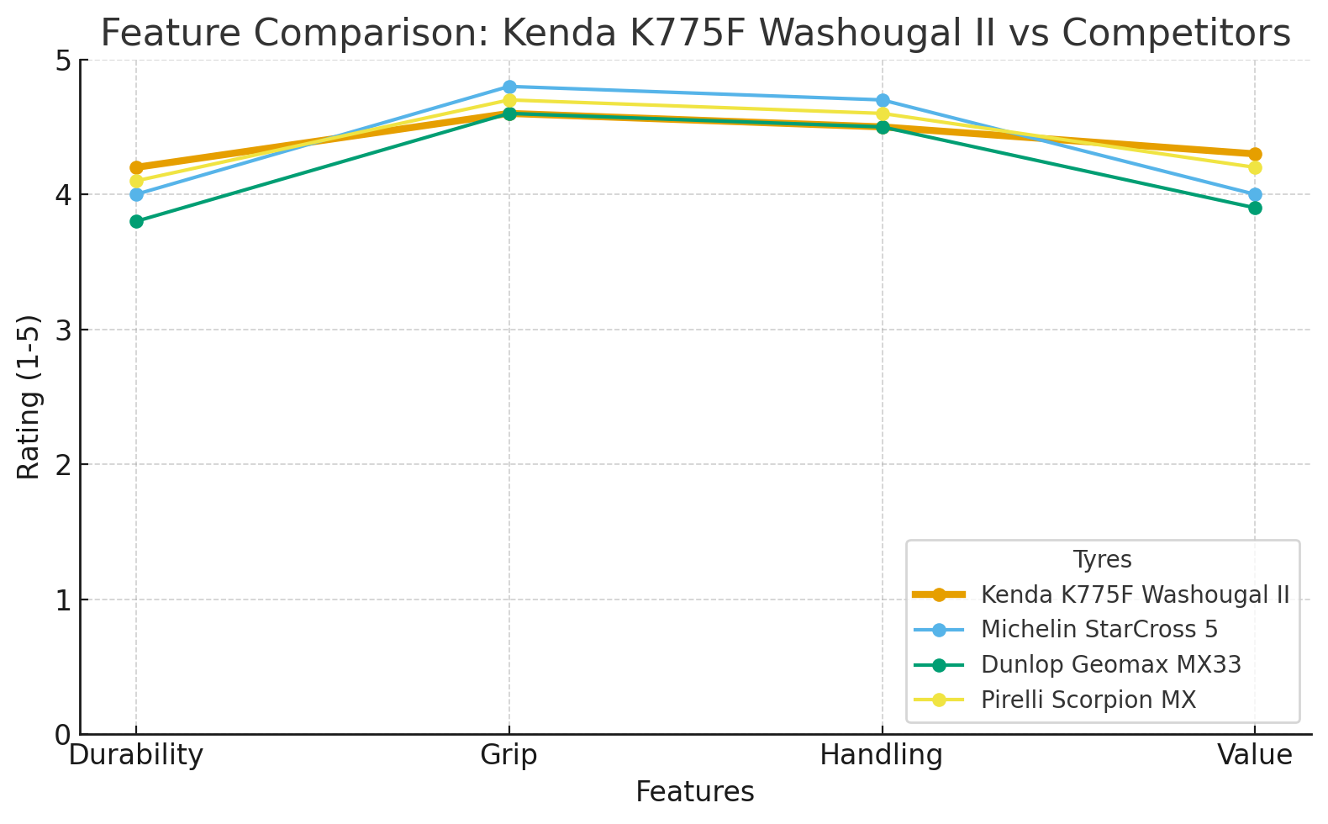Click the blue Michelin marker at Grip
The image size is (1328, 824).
509,87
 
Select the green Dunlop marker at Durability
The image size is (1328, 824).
136,221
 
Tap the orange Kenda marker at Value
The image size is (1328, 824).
1255,154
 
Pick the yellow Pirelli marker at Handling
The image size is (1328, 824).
883,114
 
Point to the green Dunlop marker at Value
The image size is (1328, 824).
1255,208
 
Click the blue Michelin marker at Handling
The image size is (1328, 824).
883,100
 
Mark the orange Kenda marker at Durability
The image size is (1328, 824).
136,167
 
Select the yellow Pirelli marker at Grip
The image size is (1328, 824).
509,100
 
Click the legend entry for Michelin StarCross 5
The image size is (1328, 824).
1099,629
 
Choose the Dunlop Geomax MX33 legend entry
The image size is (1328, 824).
1110,664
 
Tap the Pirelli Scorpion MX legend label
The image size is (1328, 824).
1088,700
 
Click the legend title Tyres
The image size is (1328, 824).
1102,560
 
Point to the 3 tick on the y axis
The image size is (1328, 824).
64,330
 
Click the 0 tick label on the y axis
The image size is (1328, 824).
64,735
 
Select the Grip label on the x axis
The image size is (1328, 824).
509,755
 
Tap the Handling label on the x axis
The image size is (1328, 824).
882,755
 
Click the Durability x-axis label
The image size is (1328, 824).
136,755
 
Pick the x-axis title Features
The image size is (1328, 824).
695,792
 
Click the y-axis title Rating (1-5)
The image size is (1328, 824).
29,397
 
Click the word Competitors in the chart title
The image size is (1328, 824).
1176,34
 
